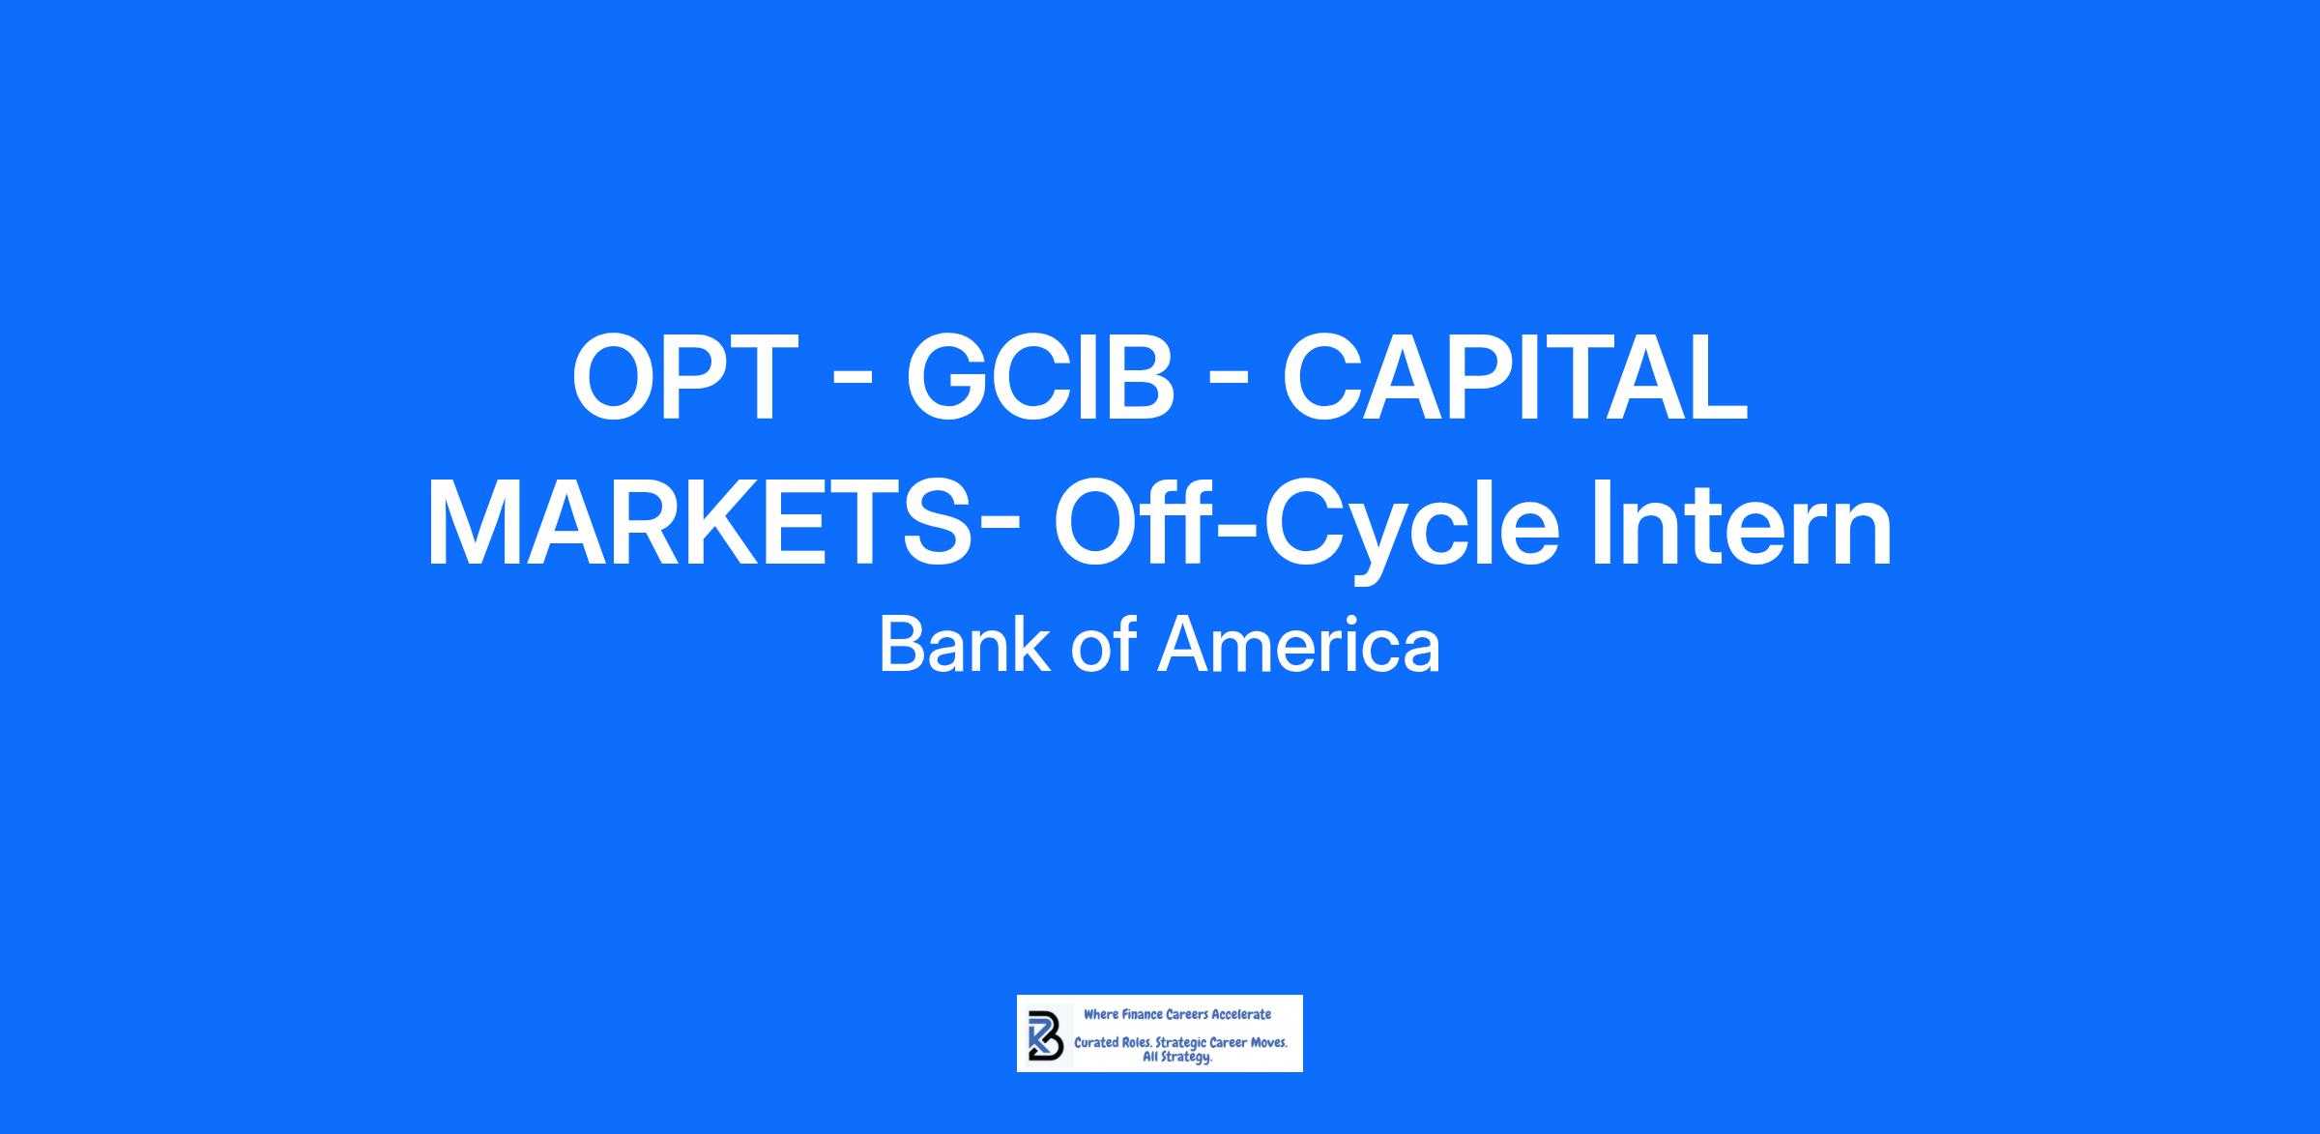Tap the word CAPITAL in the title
pyautogui.click(x=1515, y=377)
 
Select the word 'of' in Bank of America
pyautogui.click(x=1103, y=645)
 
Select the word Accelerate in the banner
pyautogui.click(x=1241, y=1015)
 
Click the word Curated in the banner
pyautogui.click(x=1097, y=1044)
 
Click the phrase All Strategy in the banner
pyautogui.click(x=1177, y=1058)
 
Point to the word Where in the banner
pyautogui.click(x=1101, y=1015)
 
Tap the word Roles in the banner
pyautogui.click(x=1138, y=1044)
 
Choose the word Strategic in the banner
pyautogui.click(x=1182, y=1045)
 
